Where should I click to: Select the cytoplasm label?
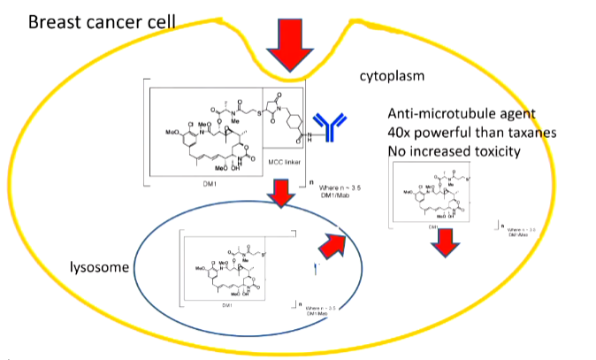[392, 77]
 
